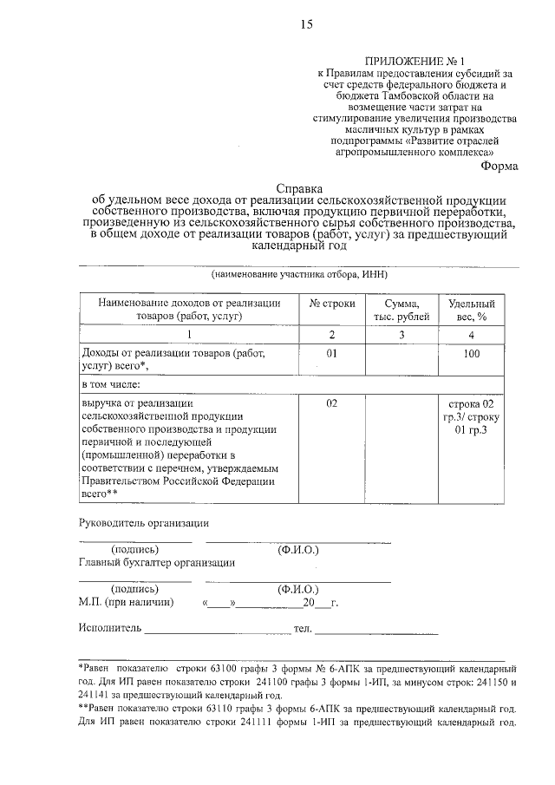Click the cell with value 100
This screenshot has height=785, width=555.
click(x=472, y=355)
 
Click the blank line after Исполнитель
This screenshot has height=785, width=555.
click(x=216, y=628)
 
